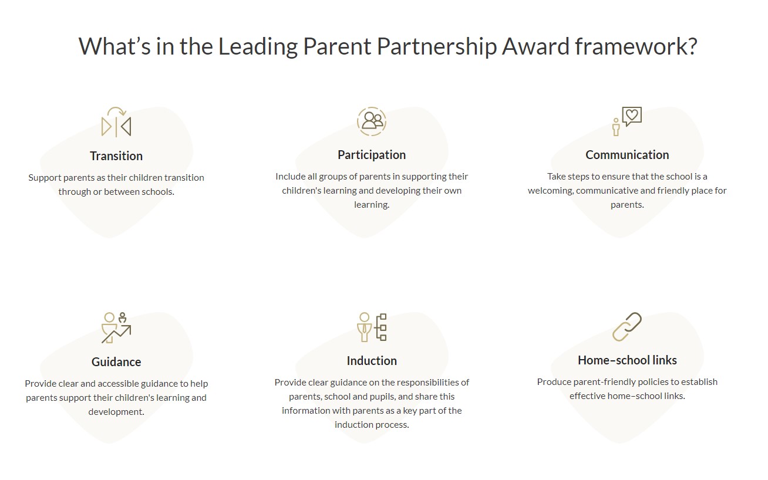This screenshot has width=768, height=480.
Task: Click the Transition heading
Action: [x=116, y=156]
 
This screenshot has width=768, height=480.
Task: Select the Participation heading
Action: [x=372, y=155]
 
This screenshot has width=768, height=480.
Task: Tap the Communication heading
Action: [x=627, y=155]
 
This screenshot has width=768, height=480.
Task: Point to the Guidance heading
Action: [x=116, y=362]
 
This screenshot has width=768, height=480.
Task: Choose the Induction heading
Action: [x=372, y=361]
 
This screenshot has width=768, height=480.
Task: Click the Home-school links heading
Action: [x=627, y=360]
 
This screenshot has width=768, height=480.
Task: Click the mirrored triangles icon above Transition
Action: [x=116, y=122]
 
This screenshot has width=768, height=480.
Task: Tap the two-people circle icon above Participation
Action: [x=372, y=121]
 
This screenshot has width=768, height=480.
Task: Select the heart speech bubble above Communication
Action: [x=632, y=116]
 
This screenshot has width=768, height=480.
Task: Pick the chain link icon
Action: [x=626, y=327]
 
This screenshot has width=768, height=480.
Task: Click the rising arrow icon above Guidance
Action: [x=116, y=328]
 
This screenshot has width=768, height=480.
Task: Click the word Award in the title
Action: [x=535, y=46]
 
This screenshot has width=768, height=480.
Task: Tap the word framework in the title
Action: [x=636, y=46]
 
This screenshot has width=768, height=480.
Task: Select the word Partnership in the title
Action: [x=436, y=47]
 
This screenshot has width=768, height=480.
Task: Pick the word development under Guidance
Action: [x=116, y=412]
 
